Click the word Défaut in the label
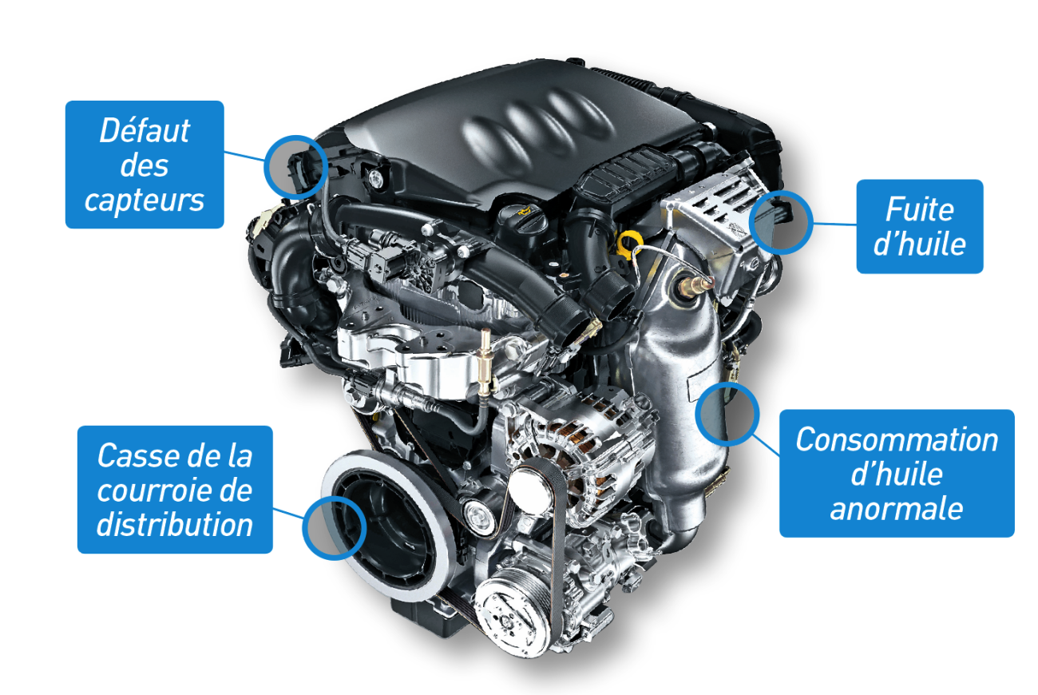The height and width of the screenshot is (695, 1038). (145, 131)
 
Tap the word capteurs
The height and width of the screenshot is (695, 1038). (144, 201)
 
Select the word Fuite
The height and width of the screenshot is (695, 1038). (919, 209)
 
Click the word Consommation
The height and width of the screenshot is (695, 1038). (897, 439)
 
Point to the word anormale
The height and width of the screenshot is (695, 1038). (896, 509)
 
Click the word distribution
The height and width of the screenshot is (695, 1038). (175, 525)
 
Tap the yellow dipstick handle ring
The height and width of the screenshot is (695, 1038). (629, 243)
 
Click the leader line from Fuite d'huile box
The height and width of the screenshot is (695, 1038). (834, 224)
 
